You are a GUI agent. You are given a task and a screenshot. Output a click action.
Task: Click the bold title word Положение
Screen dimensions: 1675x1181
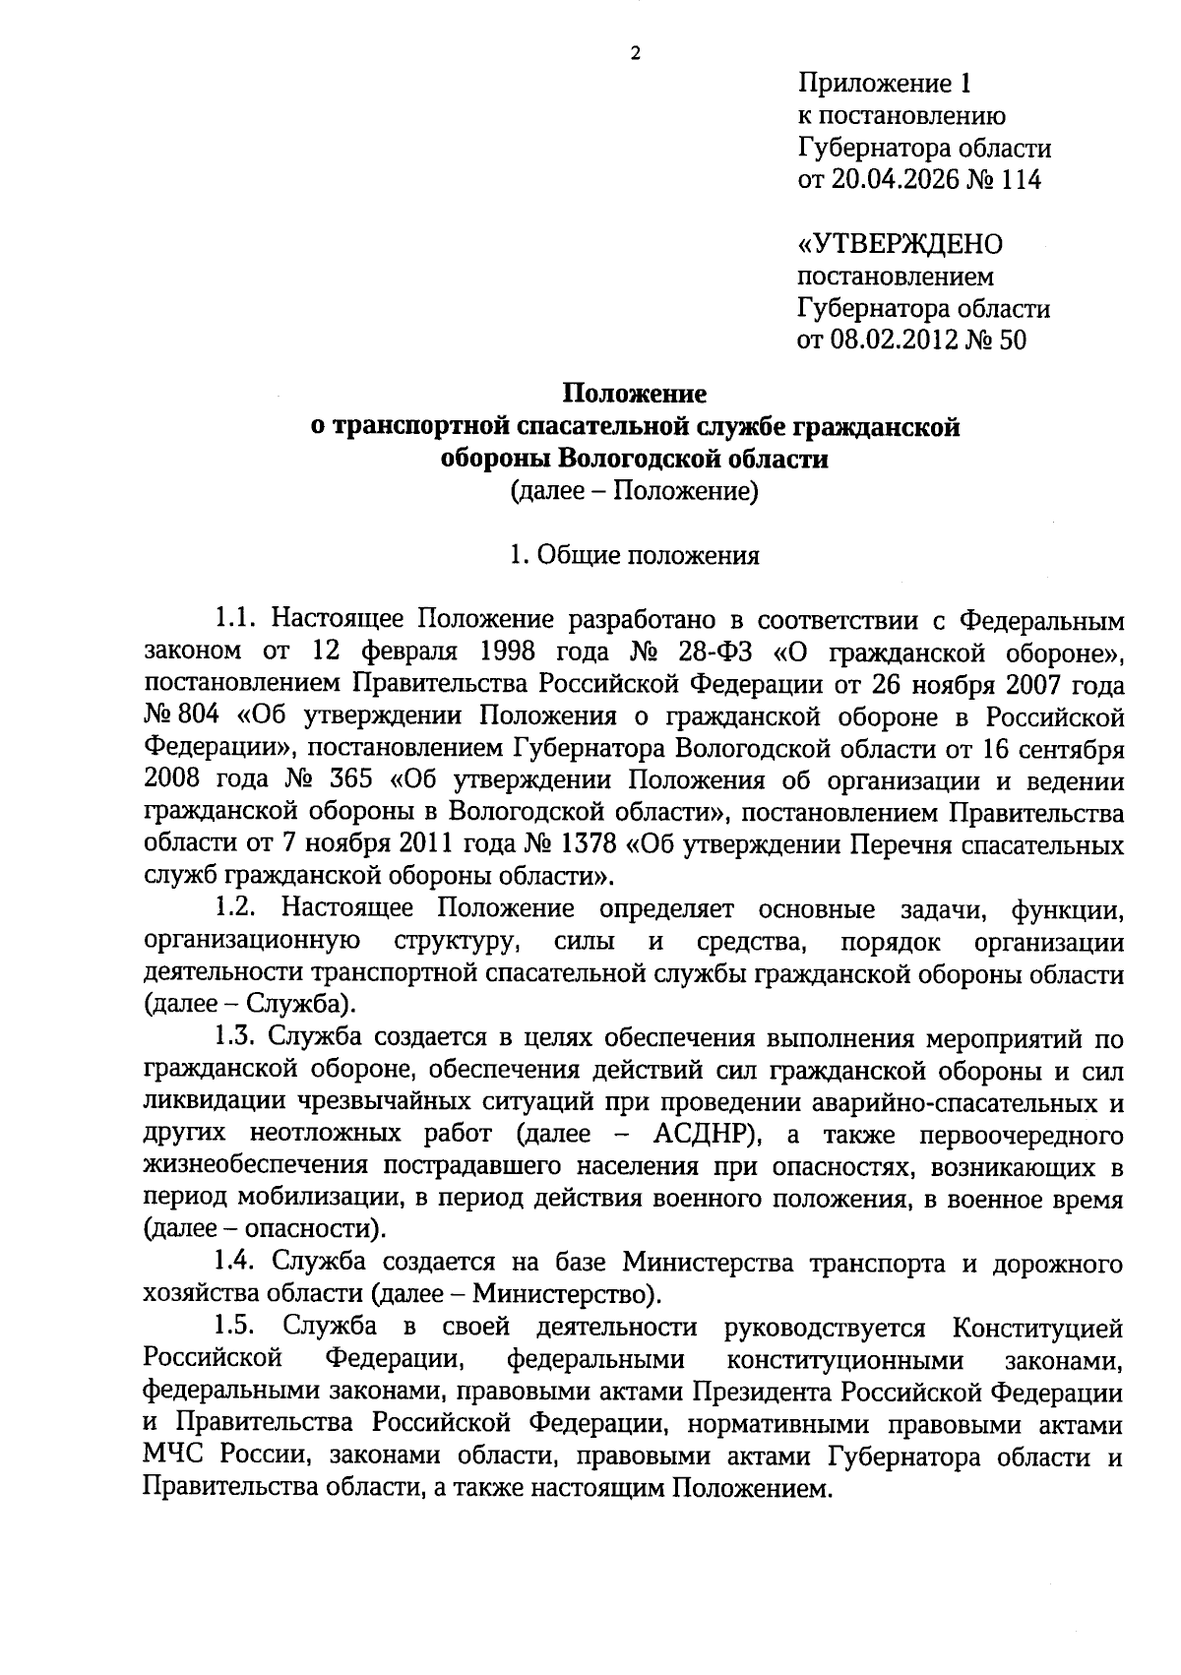pos(635,395)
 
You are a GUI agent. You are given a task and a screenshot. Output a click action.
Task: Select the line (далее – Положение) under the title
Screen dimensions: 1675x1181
pos(635,491)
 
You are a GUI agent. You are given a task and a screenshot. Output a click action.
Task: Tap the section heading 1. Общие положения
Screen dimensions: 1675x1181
pos(635,555)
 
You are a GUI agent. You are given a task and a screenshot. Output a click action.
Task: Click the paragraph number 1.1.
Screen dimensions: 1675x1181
pos(236,620)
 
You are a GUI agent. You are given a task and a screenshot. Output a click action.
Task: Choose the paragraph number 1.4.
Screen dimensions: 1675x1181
pos(237,1263)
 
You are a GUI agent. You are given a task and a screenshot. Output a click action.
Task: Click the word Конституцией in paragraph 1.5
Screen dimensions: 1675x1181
pos(1037,1328)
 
